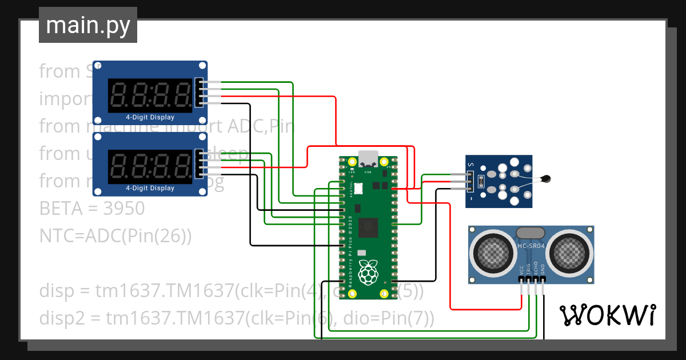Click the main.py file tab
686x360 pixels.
click(x=87, y=26)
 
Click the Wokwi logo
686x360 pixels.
click(x=607, y=315)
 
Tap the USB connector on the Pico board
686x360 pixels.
click(x=367, y=157)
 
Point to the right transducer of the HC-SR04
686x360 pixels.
click(x=571, y=251)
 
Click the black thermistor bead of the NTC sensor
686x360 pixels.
click(x=547, y=179)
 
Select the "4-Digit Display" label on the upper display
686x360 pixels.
click(x=150, y=117)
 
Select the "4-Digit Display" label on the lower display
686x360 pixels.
click(x=150, y=188)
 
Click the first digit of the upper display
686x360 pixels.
click(x=121, y=95)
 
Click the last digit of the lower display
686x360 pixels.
click(x=182, y=166)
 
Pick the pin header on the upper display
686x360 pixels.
click(x=199, y=93)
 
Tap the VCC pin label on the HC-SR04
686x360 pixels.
click(x=521, y=269)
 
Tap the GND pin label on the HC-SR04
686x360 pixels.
click(x=543, y=269)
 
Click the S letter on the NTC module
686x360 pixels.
click(x=471, y=165)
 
